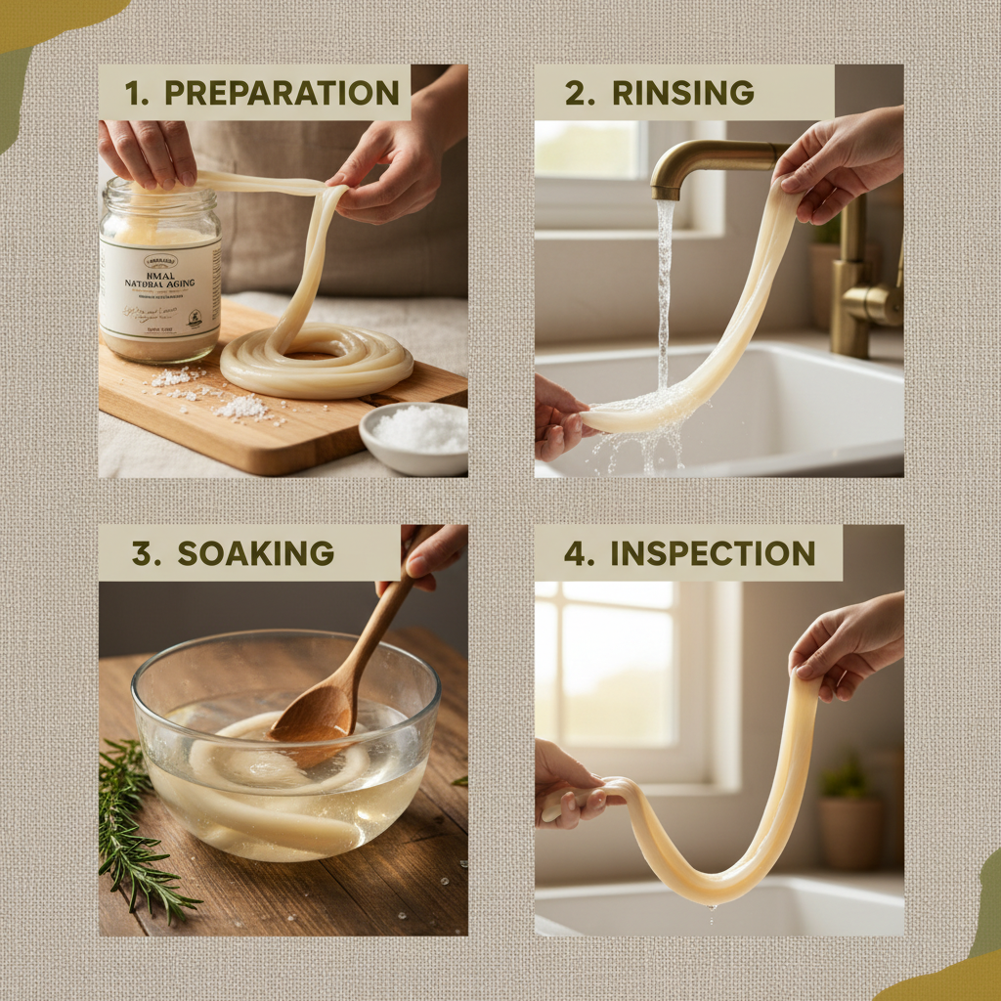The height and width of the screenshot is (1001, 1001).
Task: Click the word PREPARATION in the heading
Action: pos(282,93)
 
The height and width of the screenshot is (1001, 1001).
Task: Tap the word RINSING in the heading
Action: pos(682,93)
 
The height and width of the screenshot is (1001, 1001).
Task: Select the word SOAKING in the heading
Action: pos(255,553)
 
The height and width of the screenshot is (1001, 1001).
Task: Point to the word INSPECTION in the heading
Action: pos(713,553)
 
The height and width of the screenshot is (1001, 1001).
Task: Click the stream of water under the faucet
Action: pos(665,293)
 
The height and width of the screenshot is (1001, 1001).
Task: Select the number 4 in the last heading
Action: pos(574,553)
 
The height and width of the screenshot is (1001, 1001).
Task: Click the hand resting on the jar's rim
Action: pos(149,152)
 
